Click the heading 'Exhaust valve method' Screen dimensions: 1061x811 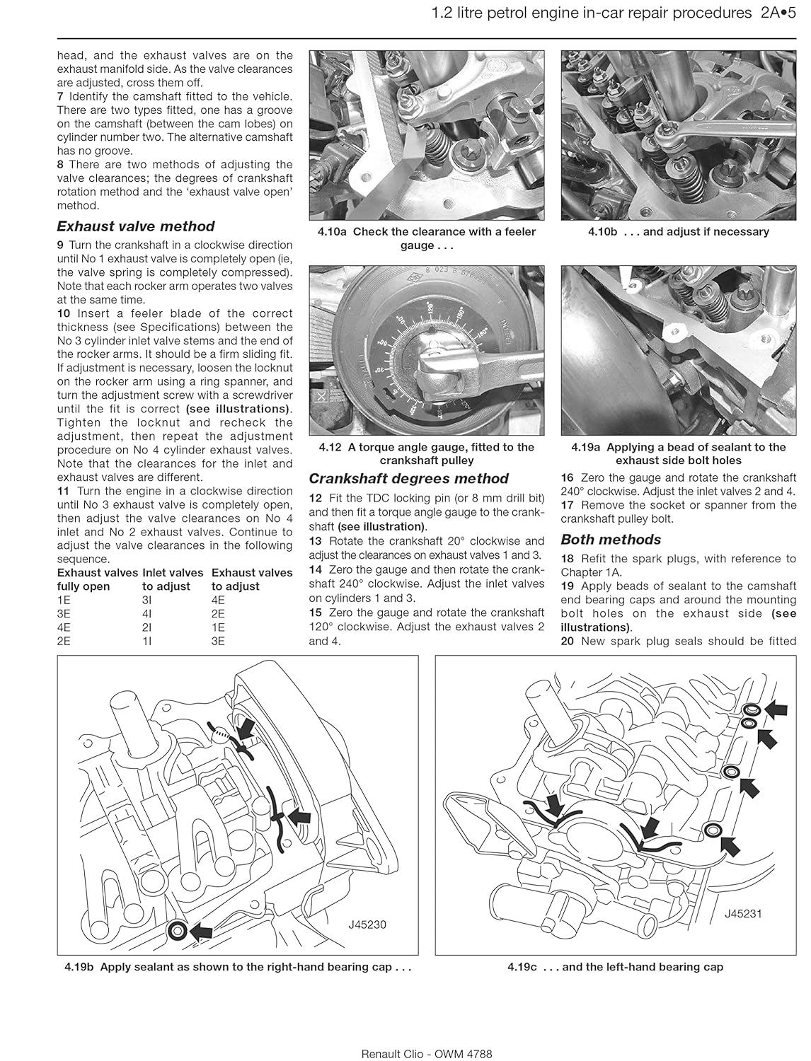pos(135,226)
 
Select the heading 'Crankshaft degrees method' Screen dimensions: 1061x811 pos(408,479)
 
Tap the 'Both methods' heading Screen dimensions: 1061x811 pos(610,540)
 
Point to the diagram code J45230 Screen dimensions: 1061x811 pos(367,924)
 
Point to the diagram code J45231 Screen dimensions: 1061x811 pos(742,913)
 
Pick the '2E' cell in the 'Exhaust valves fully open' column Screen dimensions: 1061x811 pos(64,641)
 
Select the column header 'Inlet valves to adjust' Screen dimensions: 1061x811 pos(172,579)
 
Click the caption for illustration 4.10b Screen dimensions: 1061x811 pos(678,232)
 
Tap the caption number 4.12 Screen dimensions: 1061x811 pos(330,447)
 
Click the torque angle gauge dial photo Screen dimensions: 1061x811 pos(426,350)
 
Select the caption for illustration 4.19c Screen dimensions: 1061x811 pos(615,967)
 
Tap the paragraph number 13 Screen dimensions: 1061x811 pos(316,541)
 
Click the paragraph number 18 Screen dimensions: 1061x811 pos(568,559)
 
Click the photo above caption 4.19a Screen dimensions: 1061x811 pos(678,350)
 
